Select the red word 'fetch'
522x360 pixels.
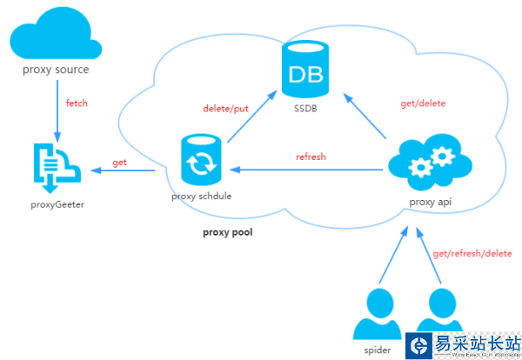[77, 103]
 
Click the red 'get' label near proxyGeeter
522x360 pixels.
[120, 163]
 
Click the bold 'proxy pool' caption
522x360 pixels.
[227, 232]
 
